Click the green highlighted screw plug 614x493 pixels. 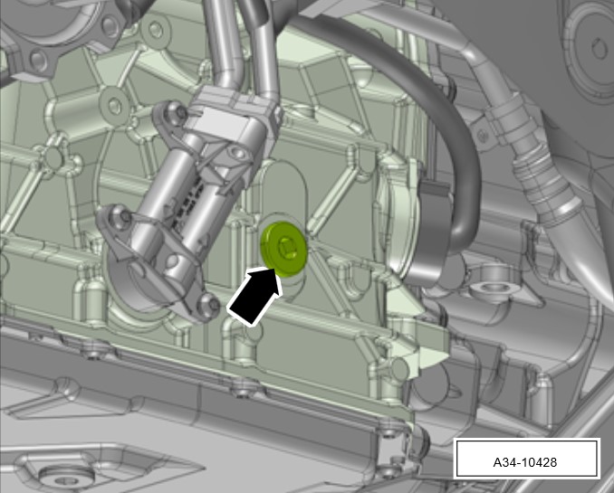click(283, 250)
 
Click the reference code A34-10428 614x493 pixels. click(524, 462)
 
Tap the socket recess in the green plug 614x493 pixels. click(288, 247)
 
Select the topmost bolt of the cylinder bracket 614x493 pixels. click(178, 113)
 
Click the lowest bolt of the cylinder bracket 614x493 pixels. click(209, 304)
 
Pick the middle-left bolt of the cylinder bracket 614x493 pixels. click(121, 215)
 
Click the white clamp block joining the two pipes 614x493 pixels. click(233, 118)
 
